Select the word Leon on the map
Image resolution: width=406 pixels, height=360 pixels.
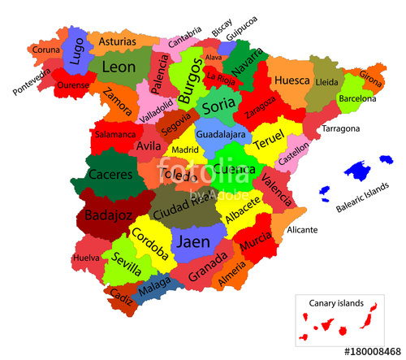pyautogui.click(x=119, y=67)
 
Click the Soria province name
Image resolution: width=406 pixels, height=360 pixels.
pyautogui.click(x=218, y=106)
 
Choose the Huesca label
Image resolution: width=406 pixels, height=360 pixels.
pyautogui.click(x=292, y=81)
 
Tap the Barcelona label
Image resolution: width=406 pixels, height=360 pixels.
pyautogui.click(x=356, y=98)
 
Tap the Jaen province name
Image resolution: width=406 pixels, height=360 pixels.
pyautogui.click(x=193, y=242)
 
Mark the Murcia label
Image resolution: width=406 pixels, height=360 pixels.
pyautogui.click(x=256, y=241)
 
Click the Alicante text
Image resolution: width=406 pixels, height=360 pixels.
pyautogui.click(x=302, y=230)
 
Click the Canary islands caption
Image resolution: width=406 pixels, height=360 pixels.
pyautogui.click(x=336, y=303)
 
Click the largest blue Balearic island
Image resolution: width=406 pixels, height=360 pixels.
pyautogui.click(x=358, y=171)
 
